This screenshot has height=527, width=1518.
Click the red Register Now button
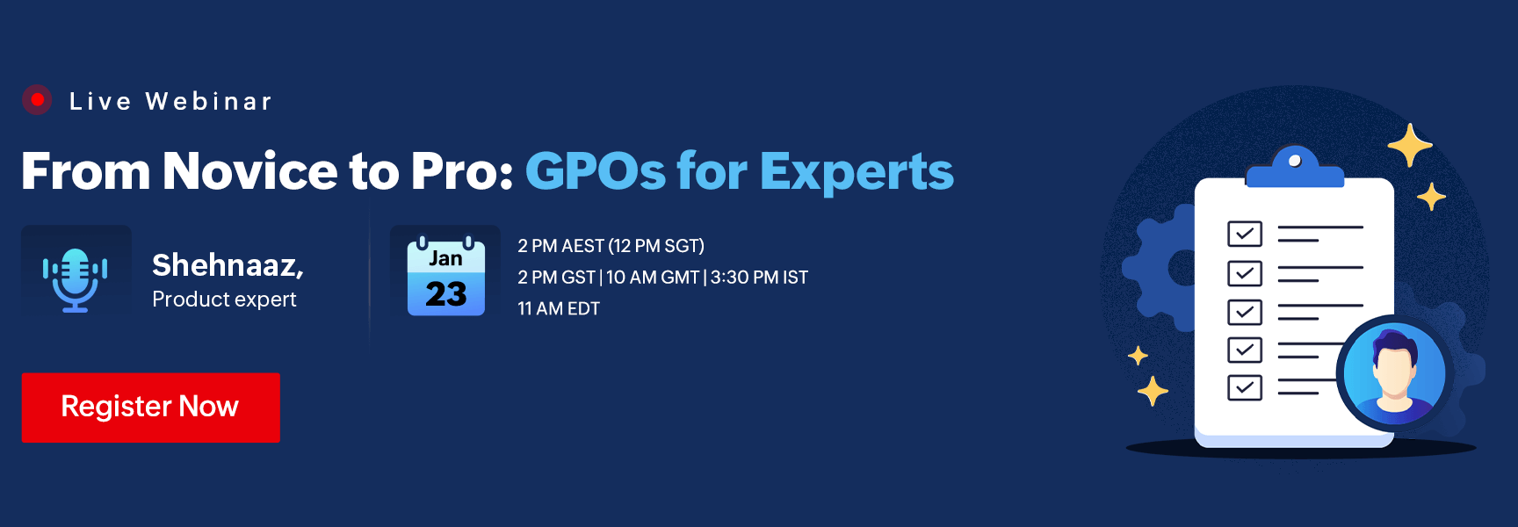(x=150, y=407)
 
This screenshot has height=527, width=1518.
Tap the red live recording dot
(x=37, y=100)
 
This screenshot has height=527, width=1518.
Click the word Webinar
(x=209, y=102)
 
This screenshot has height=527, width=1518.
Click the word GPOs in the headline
(x=595, y=170)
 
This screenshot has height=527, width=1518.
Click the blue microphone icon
(x=76, y=279)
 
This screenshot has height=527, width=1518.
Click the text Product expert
(x=224, y=300)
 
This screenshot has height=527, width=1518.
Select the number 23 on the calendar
(x=445, y=294)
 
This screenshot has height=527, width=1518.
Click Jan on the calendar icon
(x=445, y=258)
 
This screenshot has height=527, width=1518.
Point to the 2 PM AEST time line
(x=611, y=246)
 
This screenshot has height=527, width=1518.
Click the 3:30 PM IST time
(x=759, y=278)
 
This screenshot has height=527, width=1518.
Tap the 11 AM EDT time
(x=559, y=309)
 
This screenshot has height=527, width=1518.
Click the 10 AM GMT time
(x=652, y=278)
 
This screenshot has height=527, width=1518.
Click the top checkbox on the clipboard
(x=1244, y=234)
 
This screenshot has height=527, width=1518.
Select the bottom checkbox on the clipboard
(x=1244, y=387)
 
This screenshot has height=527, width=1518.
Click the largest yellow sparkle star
(x=1409, y=145)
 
